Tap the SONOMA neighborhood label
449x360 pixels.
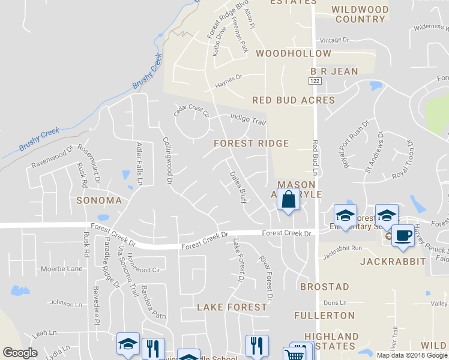pyautogui.click(x=99, y=200)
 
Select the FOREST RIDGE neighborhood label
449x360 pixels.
pyautogui.click(x=252, y=143)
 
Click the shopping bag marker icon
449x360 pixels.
pyautogui.click(x=288, y=199)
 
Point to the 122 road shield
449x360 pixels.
pyautogui.click(x=315, y=80)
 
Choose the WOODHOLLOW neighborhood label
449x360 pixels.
pyautogui.click(x=293, y=53)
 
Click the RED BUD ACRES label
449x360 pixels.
pyautogui.click(x=293, y=100)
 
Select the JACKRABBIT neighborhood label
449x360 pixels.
pyautogui.click(x=393, y=262)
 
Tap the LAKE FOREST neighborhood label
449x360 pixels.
pyautogui.click(x=232, y=307)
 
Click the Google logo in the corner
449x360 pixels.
pyautogui.click(x=20, y=353)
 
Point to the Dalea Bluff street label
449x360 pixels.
pyautogui.click(x=238, y=187)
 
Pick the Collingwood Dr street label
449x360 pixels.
pyautogui.click(x=168, y=160)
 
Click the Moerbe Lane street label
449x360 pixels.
pyautogui.click(x=62, y=269)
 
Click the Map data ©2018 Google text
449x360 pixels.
pyautogui.click(x=411, y=355)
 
